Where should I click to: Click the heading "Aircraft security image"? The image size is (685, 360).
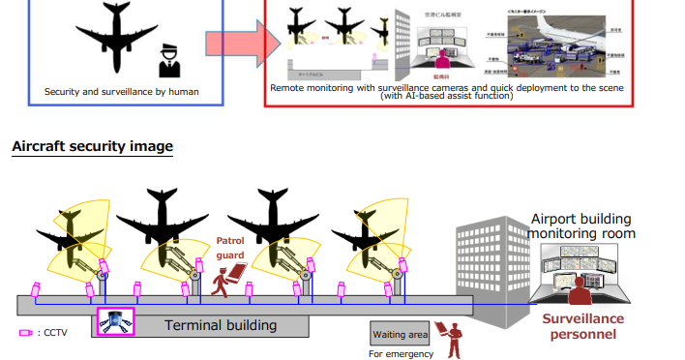[x=92, y=147]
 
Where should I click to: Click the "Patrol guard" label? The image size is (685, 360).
[x=229, y=247]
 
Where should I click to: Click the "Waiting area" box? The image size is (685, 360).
[x=400, y=335]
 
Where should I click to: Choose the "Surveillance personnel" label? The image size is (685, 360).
[x=582, y=326]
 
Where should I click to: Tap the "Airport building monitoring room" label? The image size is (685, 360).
[x=582, y=226]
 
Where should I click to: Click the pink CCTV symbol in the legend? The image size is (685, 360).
[x=25, y=333]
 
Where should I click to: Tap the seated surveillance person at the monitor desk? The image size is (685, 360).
[x=581, y=291]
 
